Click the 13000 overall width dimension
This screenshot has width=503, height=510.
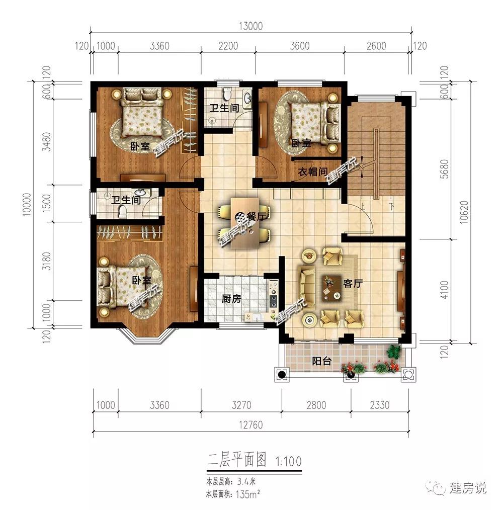(x=250, y=26)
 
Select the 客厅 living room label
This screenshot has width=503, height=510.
(x=353, y=283)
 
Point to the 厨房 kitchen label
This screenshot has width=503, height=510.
(x=231, y=298)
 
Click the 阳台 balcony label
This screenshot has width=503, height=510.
(x=321, y=361)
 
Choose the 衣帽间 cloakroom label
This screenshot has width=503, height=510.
(x=313, y=172)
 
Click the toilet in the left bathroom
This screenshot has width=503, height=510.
(x=123, y=211)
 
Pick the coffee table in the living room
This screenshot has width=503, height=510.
(x=332, y=288)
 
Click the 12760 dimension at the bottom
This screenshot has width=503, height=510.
(x=250, y=425)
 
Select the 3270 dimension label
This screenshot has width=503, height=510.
(x=241, y=405)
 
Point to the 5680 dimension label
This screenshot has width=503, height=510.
(x=444, y=169)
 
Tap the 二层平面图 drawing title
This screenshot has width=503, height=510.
(x=237, y=460)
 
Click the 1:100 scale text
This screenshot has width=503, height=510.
(x=289, y=461)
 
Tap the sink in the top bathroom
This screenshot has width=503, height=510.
(x=247, y=98)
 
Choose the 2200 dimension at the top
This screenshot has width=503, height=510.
(x=228, y=46)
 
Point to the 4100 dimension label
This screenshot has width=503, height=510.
(x=444, y=290)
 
